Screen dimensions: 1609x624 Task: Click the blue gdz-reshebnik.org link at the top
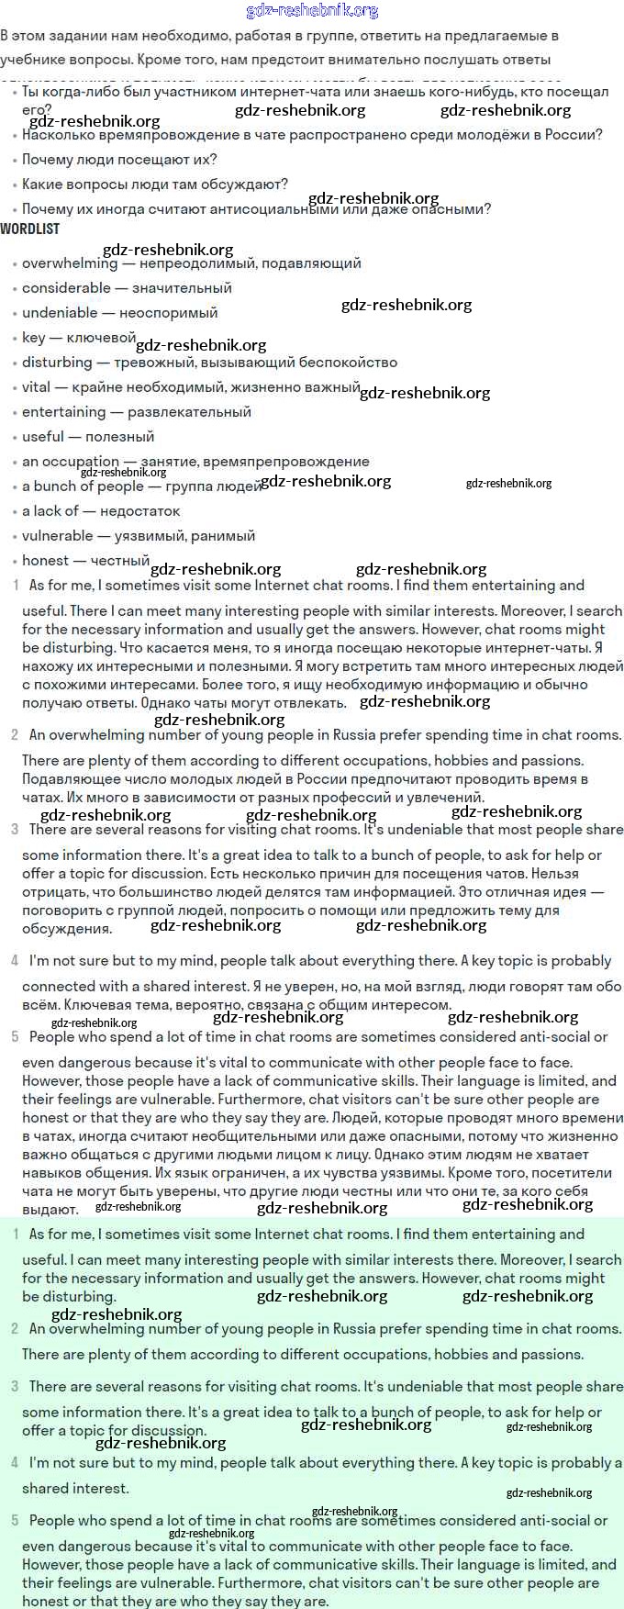[312, 11]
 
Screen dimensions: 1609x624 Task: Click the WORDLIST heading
[29, 229]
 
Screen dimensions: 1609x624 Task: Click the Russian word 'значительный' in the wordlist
[182, 288]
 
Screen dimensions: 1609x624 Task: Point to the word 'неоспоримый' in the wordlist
[168, 313]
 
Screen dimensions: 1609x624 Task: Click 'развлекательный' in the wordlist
[189, 412]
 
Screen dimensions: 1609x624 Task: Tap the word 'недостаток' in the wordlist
[139, 511]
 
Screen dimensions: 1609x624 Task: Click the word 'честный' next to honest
[120, 560]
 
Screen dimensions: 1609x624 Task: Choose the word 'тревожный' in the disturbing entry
[148, 363]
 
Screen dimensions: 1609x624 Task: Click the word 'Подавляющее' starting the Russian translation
[69, 779]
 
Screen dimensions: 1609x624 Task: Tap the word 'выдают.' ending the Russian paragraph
[50, 1210]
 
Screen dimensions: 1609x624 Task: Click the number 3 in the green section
[15, 1387]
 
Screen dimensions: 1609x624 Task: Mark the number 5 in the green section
[15, 1521]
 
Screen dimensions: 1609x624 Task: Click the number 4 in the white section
[15, 961]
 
